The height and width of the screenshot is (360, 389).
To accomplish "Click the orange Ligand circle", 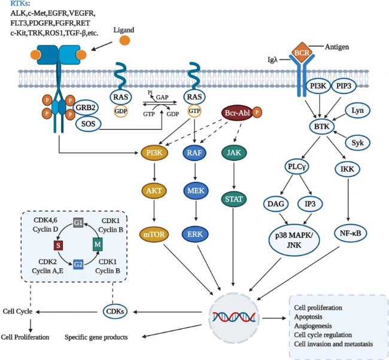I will pos(124,41).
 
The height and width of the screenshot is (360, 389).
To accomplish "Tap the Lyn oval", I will pos(358,111).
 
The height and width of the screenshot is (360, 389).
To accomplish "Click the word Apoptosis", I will pos(309,318).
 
